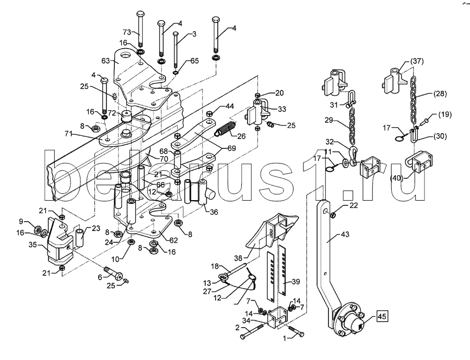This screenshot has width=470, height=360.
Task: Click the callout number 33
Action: coord(281,109)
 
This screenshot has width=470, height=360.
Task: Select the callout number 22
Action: coord(354,205)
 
